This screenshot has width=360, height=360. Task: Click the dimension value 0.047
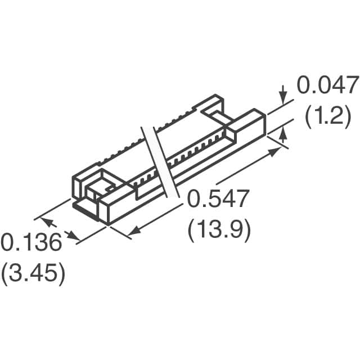pos(327,86)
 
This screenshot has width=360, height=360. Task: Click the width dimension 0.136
pos(30,244)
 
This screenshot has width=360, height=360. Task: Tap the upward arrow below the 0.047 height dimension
pos(283,134)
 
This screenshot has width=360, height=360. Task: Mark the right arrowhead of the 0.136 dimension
pos(73,236)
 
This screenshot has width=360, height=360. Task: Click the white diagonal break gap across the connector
pos(160,163)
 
